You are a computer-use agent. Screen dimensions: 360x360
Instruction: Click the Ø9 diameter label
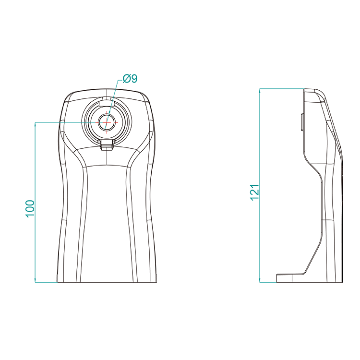(x=130, y=79)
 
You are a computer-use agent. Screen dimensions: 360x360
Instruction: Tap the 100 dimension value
(x=30, y=209)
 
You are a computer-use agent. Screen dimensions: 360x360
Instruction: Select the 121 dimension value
(x=254, y=192)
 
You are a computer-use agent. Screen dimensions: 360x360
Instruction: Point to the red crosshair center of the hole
(x=107, y=122)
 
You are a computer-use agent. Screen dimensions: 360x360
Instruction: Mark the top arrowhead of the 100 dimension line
(x=35, y=124)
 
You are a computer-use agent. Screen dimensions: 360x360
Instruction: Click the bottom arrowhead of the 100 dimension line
(x=35, y=280)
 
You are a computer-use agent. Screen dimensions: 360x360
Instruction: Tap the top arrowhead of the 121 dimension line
(x=260, y=91)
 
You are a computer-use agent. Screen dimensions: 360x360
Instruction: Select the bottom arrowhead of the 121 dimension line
(x=260, y=280)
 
